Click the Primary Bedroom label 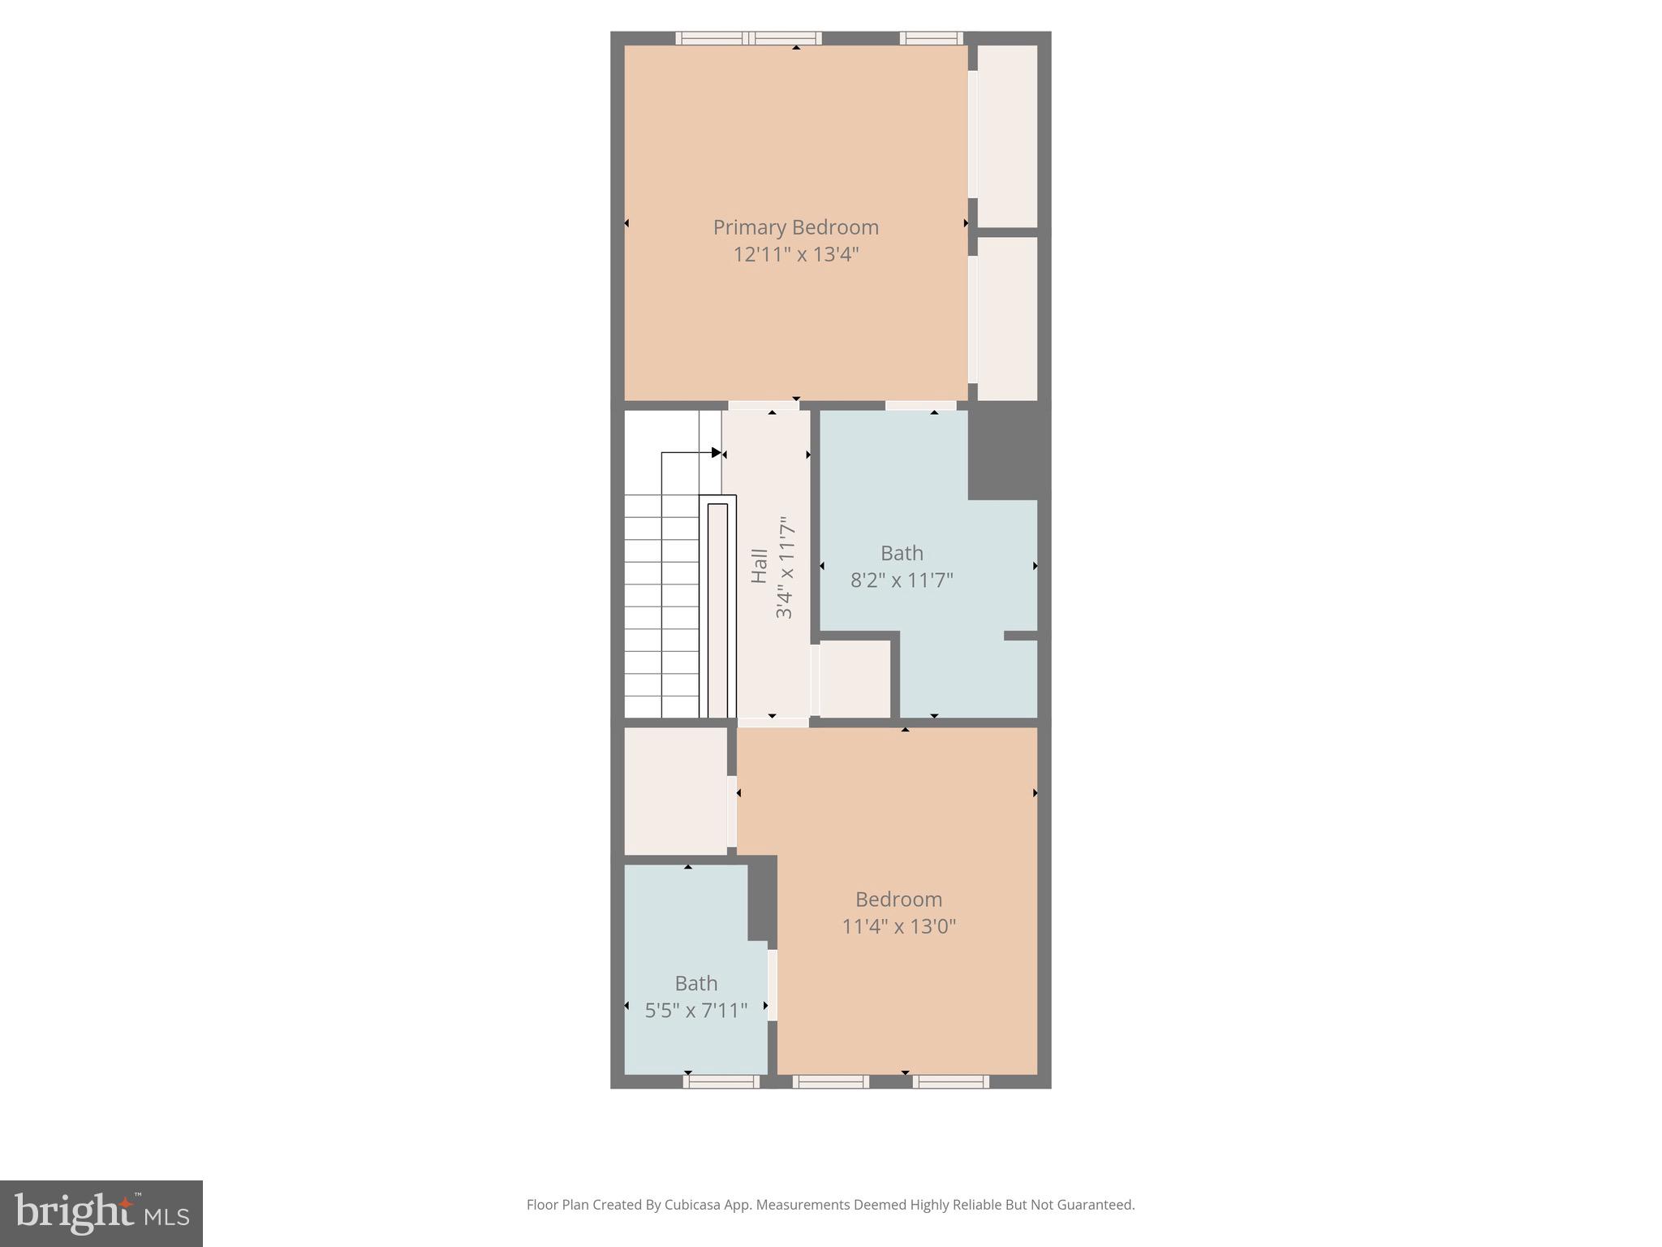795,227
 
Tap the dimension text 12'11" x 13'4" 795,255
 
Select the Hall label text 760,566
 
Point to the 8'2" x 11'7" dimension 902,580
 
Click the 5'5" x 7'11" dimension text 695,1011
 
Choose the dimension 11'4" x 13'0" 898,926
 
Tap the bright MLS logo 101,1213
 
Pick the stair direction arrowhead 716,452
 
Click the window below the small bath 721,1081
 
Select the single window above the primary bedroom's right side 931,37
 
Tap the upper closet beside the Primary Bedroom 1007,136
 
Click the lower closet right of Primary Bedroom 1007,318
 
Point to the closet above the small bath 675,791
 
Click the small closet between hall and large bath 855,679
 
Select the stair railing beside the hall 717,609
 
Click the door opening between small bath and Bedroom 773,985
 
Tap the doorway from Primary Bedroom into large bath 920,405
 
